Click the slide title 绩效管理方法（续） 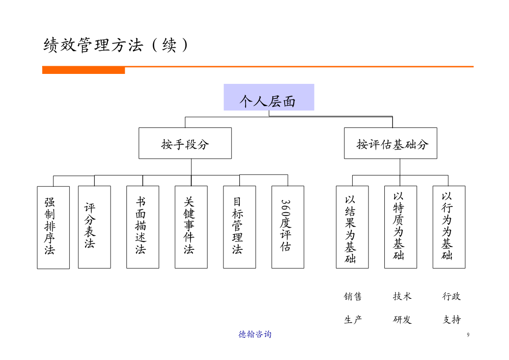116,45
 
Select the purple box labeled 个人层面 269,97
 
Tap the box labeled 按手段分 185,143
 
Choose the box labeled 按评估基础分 391,143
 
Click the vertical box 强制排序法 53,228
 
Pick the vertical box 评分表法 94,227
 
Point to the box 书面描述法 143,227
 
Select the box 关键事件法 191,227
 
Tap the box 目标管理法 240,227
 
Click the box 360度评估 288,227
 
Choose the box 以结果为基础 352,227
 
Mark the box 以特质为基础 401,227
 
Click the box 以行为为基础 449,227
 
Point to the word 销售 353,297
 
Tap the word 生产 353,320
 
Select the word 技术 402,297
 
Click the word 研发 402,320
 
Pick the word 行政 451,297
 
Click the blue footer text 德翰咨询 255,334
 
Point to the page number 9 468,335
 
